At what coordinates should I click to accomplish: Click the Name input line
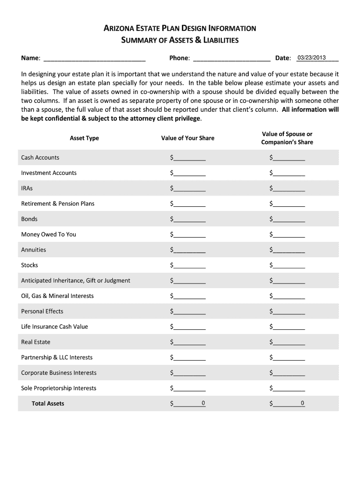[x=94, y=58]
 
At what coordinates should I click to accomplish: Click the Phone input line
[x=231, y=58]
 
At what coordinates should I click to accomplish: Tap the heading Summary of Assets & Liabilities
[x=180, y=40]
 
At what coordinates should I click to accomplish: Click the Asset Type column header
[x=84, y=138]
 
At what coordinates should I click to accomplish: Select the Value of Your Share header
[x=187, y=138]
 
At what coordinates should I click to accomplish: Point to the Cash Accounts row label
[x=40, y=158]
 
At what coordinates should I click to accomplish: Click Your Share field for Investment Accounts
[x=189, y=173]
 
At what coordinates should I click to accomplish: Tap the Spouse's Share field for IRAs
[x=288, y=189]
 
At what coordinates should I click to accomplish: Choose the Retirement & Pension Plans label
[x=58, y=203]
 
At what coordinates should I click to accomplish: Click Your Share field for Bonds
[x=189, y=219]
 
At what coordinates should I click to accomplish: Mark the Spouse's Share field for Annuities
[x=288, y=250]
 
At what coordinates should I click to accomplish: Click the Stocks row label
[x=29, y=265]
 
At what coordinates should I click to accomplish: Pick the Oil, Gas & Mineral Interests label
[x=57, y=296]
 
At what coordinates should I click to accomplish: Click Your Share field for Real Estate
[x=189, y=342]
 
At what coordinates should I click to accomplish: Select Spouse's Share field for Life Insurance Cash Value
[x=288, y=327]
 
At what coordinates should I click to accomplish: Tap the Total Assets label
[x=48, y=404]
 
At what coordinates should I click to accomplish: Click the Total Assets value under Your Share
[x=189, y=403]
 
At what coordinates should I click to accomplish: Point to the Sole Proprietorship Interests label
[x=58, y=388]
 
